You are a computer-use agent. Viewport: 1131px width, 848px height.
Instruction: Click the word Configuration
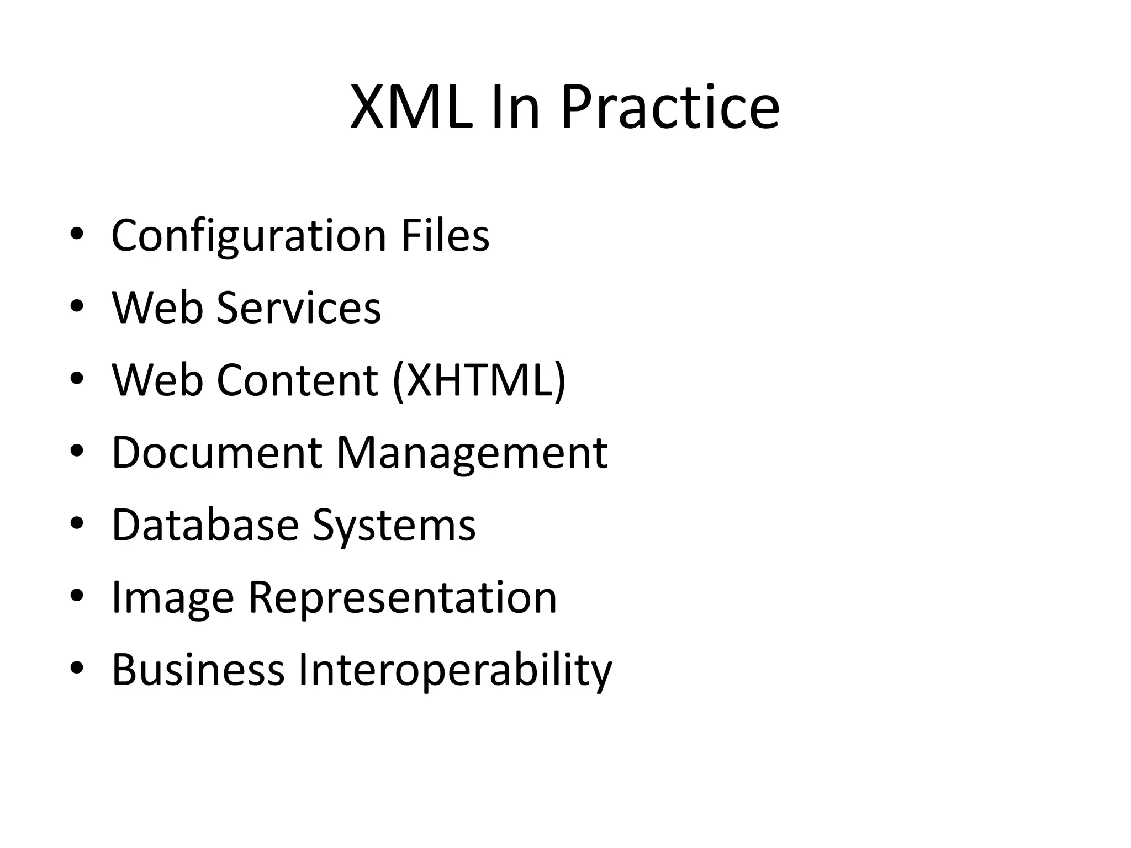point(249,236)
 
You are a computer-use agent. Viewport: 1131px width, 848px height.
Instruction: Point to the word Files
point(445,236)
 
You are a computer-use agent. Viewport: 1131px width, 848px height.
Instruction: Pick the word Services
point(299,308)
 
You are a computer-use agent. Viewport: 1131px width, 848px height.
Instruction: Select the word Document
point(217,453)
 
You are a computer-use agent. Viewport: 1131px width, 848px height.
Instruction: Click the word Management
point(472,453)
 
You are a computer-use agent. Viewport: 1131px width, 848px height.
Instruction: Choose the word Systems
point(394,526)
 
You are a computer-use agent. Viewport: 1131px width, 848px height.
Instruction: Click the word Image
point(173,598)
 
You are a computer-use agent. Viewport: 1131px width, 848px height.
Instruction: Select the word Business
point(198,670)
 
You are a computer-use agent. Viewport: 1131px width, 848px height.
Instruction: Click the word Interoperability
point(456,670)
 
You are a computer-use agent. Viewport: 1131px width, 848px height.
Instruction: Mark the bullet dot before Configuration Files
point(77,235)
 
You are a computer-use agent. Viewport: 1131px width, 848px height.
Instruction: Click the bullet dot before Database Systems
point(77,523)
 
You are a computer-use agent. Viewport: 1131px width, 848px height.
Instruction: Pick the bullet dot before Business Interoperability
point(77,668)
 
